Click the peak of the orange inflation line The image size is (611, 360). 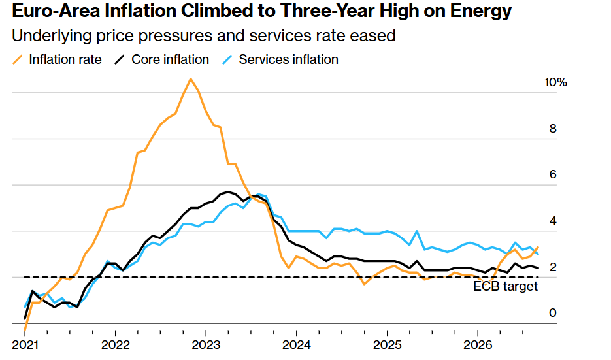point(190,79)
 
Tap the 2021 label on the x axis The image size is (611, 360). point(25,345)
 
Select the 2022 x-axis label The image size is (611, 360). point(116,345)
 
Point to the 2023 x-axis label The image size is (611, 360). point(206,345)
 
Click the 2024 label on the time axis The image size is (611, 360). point(297,345)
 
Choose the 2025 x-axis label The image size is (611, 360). point(388,345)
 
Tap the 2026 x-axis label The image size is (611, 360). point(478,345)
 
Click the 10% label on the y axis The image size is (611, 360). point(555,82)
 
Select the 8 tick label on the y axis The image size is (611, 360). point(553,129)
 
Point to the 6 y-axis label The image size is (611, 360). point(553,174)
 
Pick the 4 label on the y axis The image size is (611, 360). point(553,221)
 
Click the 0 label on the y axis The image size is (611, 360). point(553,313)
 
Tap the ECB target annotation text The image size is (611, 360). point(505,286)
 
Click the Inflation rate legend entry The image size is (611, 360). point(58,59)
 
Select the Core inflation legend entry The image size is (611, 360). point(162,59)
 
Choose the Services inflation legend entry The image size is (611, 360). point(280,59)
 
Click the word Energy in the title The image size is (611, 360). point(481,12)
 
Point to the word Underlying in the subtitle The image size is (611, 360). point(52,36)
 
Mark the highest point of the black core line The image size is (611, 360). point(228,191)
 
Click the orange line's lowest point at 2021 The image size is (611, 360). point(25,331)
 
